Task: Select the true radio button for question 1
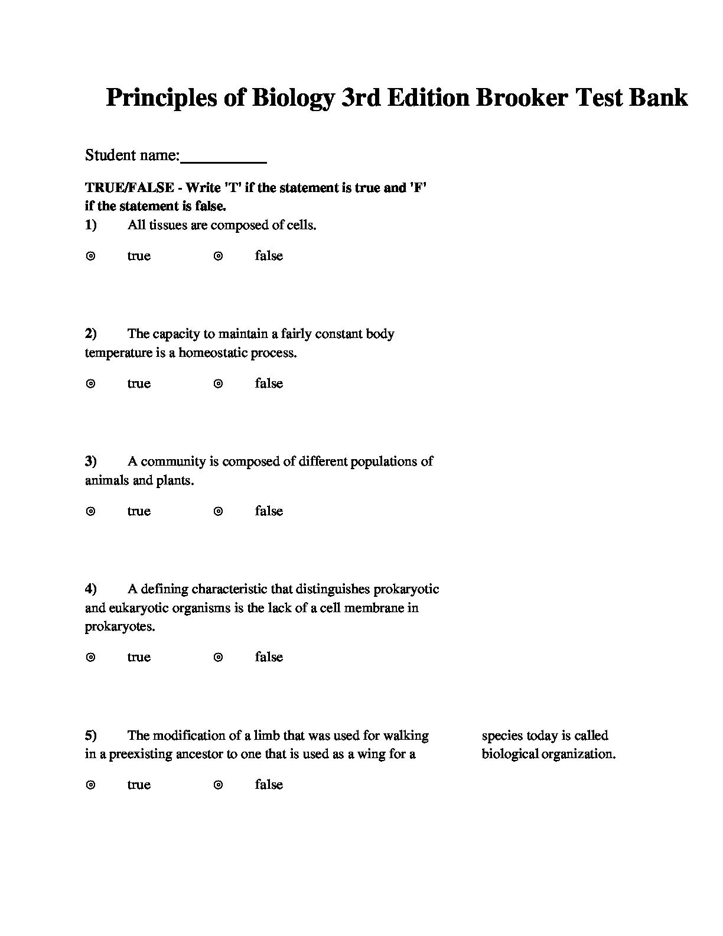point(91,256)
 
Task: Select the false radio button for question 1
point(219,256)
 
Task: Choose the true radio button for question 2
point(91,383)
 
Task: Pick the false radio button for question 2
point(219,383)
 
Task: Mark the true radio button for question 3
point(91,511)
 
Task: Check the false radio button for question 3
point(219,511)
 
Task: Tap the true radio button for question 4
point(91,657)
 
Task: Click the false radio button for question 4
point(219,657)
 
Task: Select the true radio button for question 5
point(91,785)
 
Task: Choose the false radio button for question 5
point(219,785)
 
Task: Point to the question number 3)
point(91,461)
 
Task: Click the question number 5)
point(91,736)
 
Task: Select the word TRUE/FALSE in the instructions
point(129,188)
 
